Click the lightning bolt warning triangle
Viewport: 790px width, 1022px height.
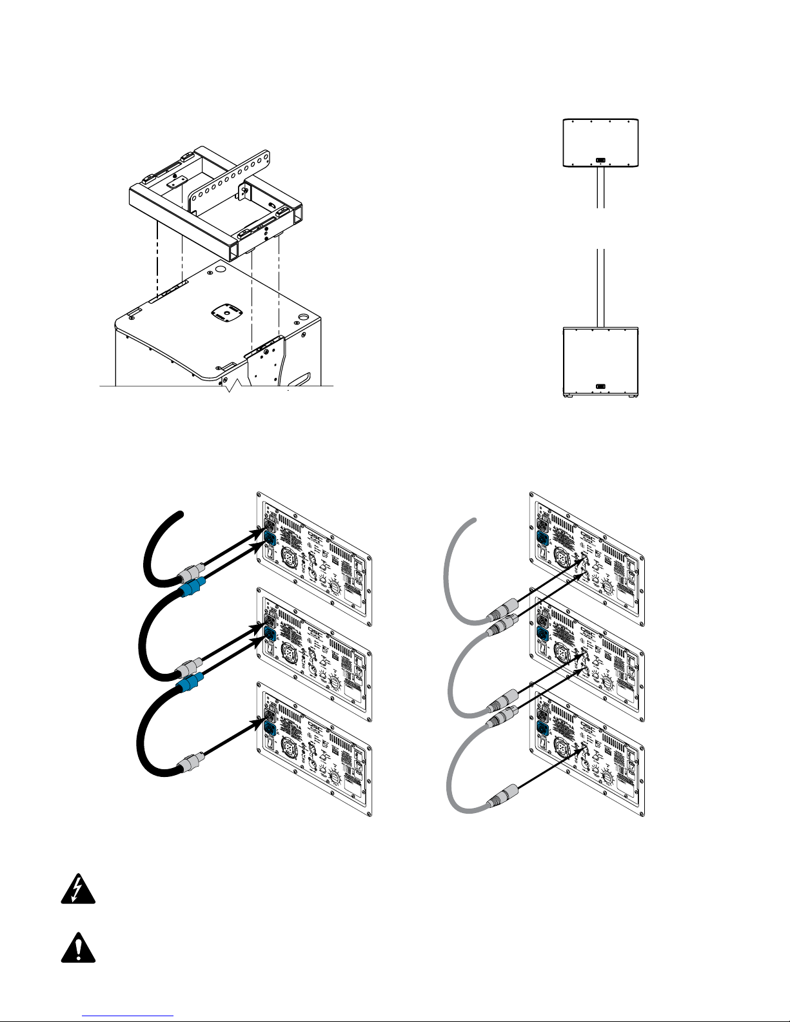pyautogui.click(x=78, y=891)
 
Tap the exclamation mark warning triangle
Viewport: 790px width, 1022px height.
pyautogui.click(x=78, y=948)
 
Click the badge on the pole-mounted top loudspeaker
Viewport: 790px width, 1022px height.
pyautogui.click(x=600, y=160)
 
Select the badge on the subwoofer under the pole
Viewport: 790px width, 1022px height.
pyautogui.click(x=600, y=387)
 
